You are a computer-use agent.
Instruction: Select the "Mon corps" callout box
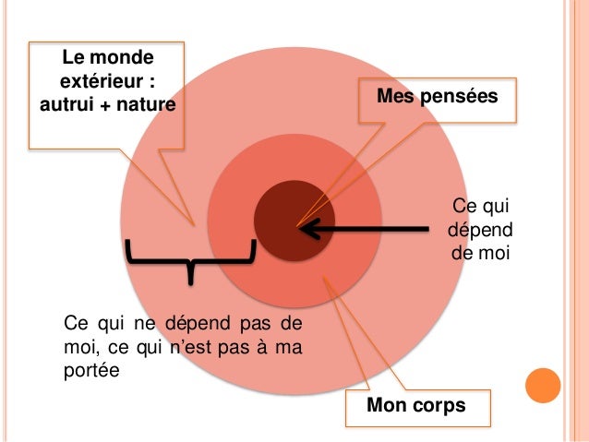coord(416,405)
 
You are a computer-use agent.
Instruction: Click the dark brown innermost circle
coord(294,220)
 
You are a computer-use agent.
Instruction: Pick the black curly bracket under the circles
coord(189,258)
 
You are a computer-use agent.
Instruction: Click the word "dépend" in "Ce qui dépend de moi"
coord(478,228)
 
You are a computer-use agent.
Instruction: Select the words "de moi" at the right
coord(478,249)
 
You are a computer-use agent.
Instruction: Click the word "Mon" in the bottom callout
coord(388,405)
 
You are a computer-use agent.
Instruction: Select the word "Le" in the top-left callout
coord(74,58)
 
